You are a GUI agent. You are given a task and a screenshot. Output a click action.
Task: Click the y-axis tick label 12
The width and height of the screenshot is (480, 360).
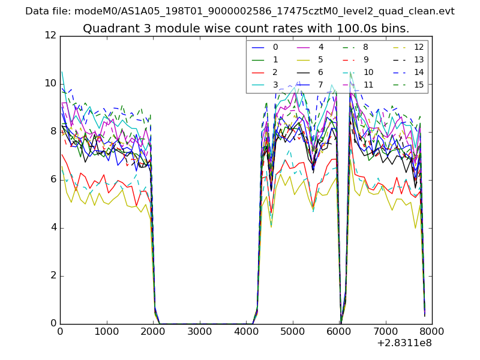click(50, 36)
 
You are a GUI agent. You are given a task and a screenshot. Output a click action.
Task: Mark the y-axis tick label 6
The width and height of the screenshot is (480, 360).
click(53, 179)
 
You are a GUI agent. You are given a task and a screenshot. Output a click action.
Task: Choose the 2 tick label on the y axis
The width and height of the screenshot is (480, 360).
click(53, 275)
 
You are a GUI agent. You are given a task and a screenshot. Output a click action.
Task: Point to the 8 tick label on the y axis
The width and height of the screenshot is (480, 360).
click(53, 131)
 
